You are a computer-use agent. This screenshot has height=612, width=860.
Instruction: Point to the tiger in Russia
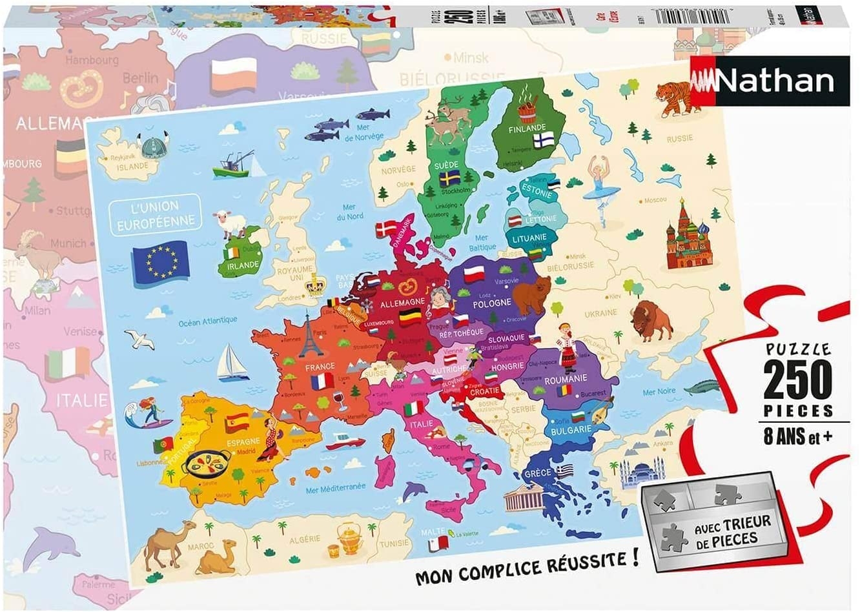click(672, 99)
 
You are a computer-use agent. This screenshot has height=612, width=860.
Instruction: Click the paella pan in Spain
click(199, 462)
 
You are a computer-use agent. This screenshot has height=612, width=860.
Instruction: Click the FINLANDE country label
click(527, 128)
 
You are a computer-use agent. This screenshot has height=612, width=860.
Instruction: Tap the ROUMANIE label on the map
click(566, 380)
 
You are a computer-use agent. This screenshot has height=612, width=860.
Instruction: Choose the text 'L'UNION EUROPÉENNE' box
click(155, 214)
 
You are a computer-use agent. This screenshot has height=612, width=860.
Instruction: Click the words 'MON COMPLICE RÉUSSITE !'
click(527, 567)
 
